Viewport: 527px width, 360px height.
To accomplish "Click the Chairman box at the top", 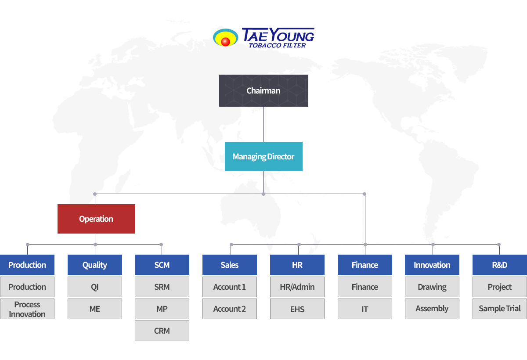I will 263,91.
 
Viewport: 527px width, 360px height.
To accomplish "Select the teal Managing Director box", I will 263,156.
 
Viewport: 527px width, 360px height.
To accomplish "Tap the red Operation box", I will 96,219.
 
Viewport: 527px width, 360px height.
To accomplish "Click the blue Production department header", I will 27,265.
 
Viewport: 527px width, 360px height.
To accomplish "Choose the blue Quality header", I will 95,265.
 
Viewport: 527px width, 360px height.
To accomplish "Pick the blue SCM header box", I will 162,265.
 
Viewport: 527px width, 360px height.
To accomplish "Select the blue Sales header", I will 230,265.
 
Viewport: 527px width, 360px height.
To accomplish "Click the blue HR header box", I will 297,265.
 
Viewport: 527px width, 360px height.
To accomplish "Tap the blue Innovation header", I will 432,265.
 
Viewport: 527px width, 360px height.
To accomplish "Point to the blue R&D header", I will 500,265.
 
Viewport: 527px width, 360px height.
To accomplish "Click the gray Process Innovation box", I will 27,309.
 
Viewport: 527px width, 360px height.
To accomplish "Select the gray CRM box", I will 162,331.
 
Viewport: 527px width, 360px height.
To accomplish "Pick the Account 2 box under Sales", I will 230,309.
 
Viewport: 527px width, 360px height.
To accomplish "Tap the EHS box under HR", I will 297,309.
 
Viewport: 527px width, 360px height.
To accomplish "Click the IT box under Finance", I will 365,309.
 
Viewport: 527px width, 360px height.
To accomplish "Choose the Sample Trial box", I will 500,309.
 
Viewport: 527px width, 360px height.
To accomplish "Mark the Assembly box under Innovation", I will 432,309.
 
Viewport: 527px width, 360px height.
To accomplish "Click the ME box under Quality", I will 95,309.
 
